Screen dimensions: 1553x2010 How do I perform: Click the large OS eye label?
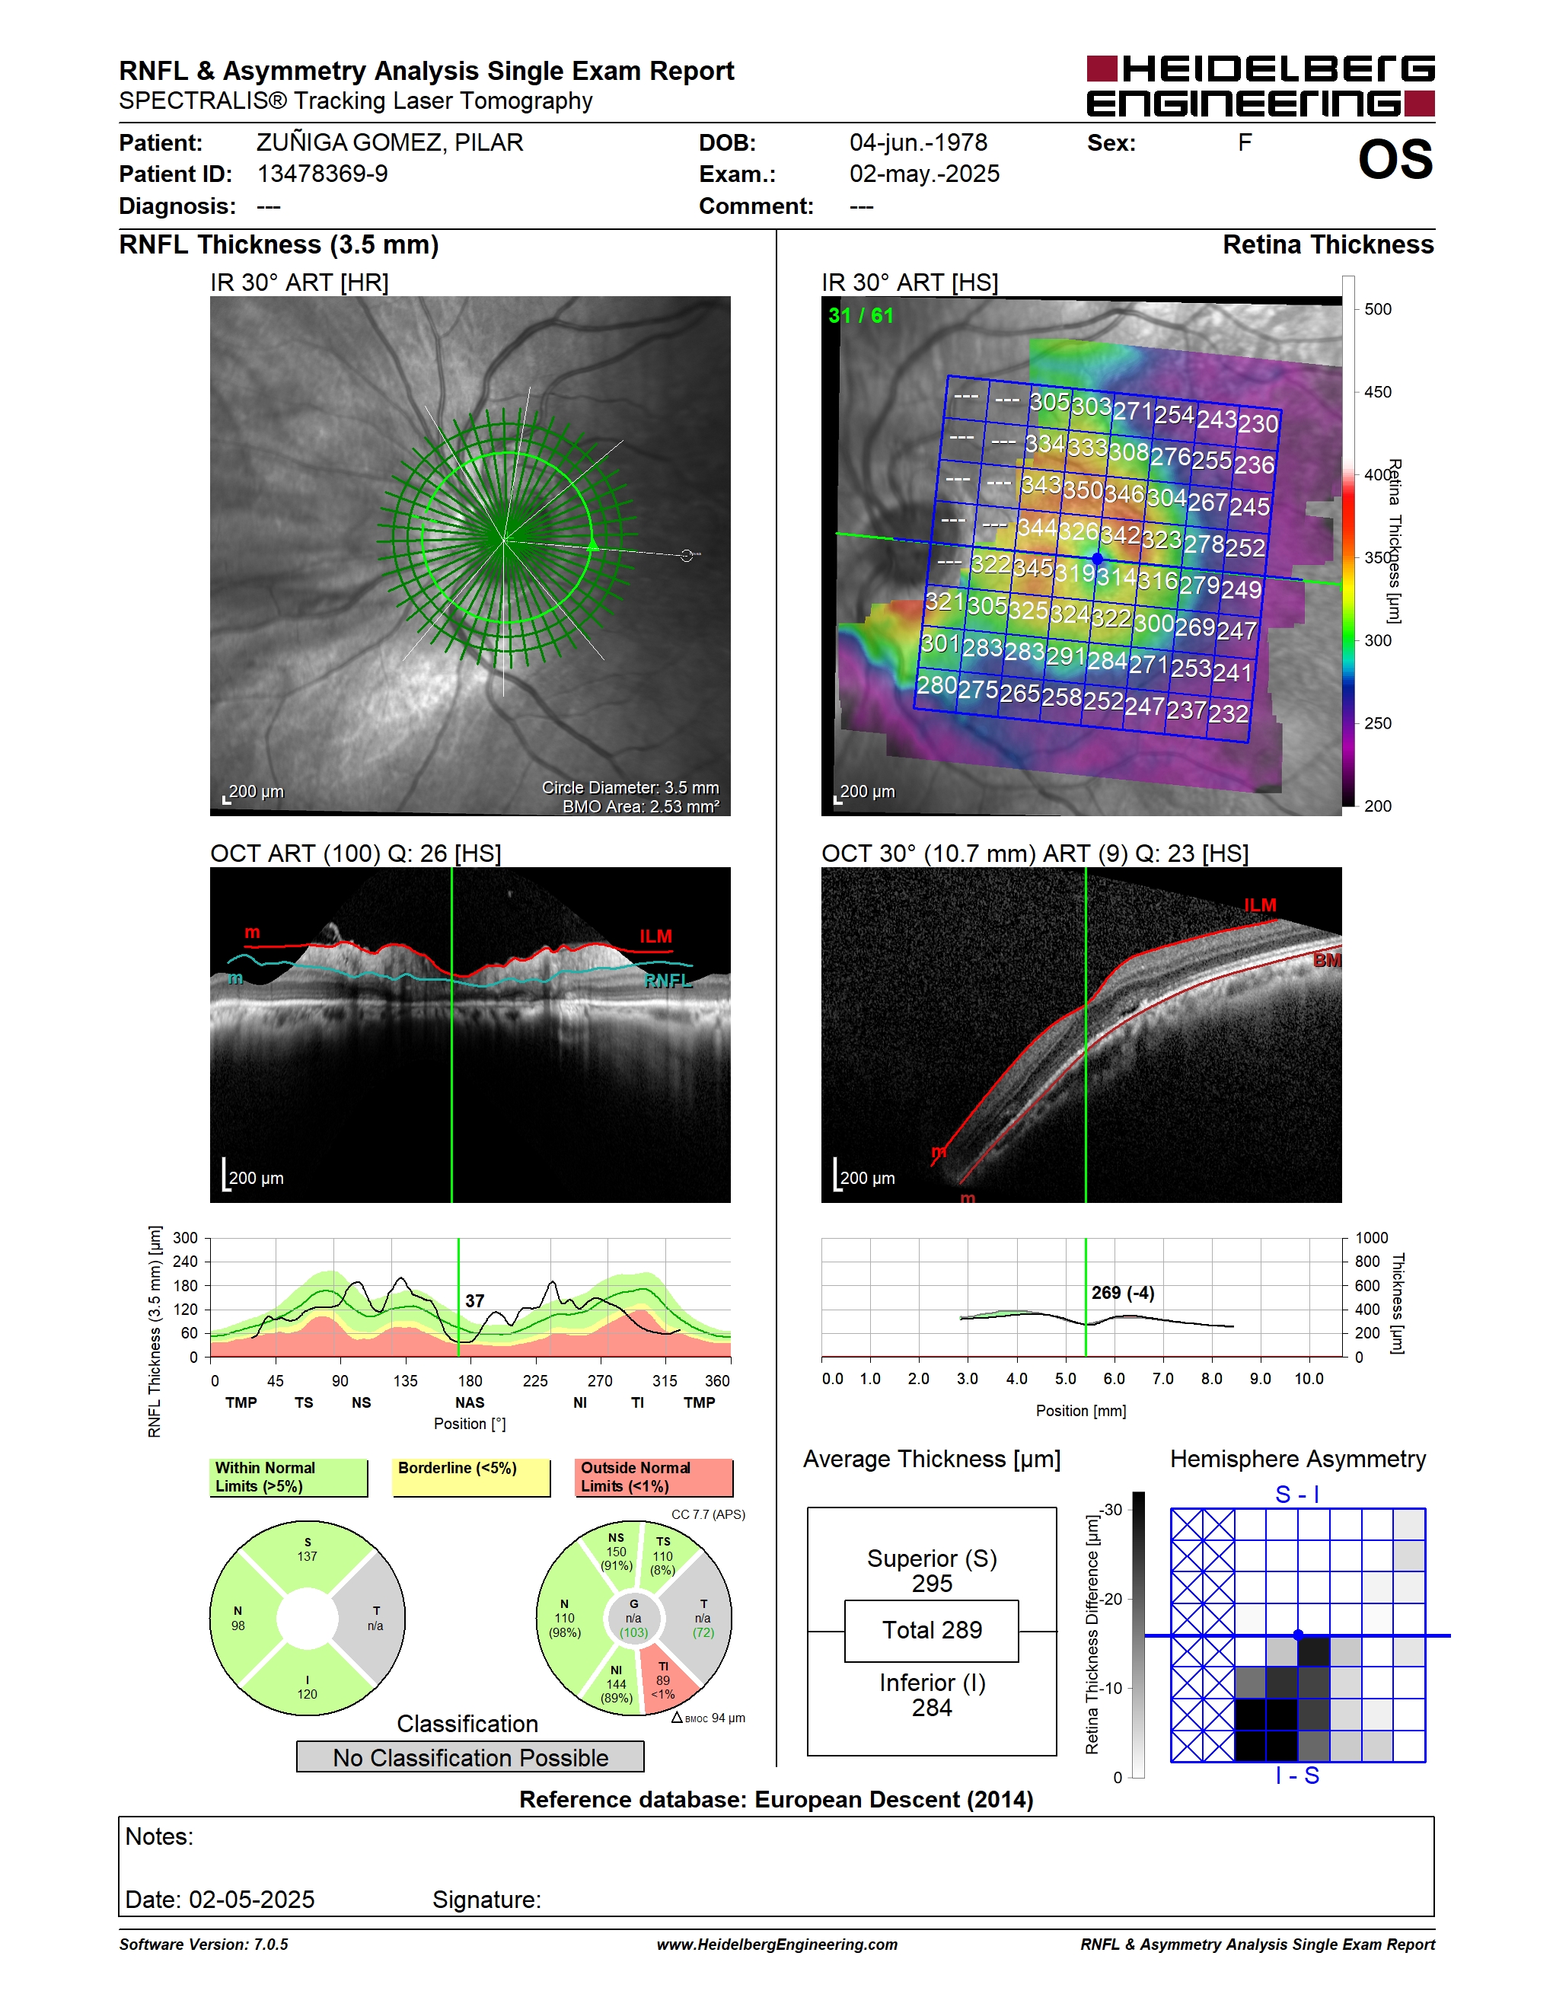click(x=1395, y=159)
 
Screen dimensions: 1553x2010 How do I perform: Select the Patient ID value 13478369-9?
click(x=322, y=174)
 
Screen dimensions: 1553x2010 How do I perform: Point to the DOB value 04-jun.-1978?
click(x=918, y=142)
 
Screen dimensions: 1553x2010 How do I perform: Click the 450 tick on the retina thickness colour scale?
click(x=1377, y=392)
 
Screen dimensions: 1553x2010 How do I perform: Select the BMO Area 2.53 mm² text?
click(x=641, y=806)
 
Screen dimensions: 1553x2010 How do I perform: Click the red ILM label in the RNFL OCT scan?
click(x=656, y=936)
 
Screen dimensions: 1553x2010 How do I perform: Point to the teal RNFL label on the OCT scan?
click(x=668, y=981)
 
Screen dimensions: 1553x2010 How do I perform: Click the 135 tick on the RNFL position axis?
click(x=405, y=1380)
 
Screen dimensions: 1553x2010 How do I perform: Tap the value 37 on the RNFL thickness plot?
click(x=475, y=1300)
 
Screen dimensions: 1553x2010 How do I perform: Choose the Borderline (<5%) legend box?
click(x=471, y=1477)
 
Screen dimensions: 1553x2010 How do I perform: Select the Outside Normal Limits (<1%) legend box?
click(x=653, y=1477)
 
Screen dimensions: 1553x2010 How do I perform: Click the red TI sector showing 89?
click(x=665, y=1681)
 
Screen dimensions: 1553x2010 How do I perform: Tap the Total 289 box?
click(x=932, y=1631)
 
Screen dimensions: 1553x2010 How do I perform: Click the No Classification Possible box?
click(x=470, y=1757)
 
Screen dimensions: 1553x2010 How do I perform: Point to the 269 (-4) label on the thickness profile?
click(x=1122, y=1293)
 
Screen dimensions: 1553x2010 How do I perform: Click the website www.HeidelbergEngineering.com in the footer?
click(x=776, y=1945)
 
